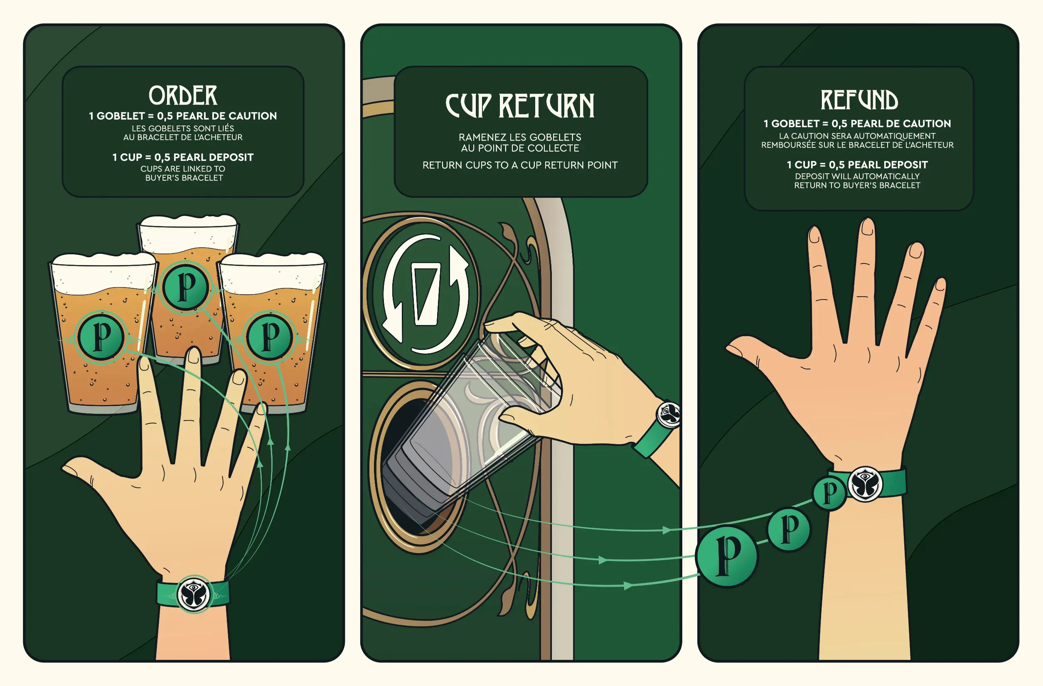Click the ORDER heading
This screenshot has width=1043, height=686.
(183, 95)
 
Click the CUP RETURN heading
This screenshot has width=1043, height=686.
(520, 106)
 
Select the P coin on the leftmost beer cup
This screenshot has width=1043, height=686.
(102, 337)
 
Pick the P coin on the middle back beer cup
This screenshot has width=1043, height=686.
(186, 287)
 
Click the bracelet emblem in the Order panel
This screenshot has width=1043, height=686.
(194, 595)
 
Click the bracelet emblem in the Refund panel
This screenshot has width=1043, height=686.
(865, 484)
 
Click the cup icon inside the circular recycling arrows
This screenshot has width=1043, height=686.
(426, 294)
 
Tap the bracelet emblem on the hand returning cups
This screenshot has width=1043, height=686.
(668, 414)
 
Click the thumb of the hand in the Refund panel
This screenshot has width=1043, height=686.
(745, 351)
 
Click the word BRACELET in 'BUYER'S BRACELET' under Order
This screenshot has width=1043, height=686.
(202, 178)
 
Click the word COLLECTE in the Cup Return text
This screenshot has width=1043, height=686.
(558, 148)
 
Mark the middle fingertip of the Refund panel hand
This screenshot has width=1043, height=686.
(867, 226)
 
